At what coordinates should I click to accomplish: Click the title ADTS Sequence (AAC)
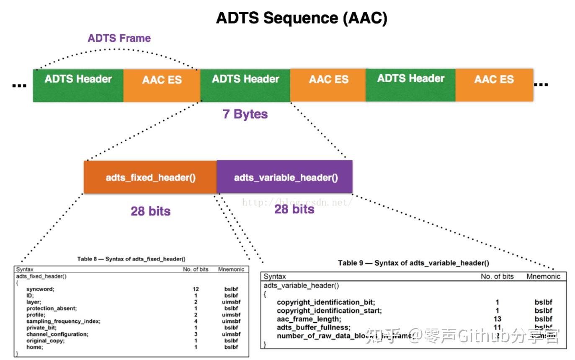coord(302,18)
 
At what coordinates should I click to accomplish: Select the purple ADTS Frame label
coord(119,38)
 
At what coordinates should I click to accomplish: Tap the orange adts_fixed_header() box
coord(150,177)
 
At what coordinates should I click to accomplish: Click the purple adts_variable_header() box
coord(285,177)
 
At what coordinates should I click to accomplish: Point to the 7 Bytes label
coord(245,114)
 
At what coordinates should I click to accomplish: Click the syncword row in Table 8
coord(40,289)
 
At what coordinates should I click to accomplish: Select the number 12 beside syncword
coord(196,289)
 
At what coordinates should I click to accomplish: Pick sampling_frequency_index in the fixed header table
coord(63,321)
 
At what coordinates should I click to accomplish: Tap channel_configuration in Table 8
coord(57,334)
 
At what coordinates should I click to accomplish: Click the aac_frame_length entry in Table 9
coord(309,319)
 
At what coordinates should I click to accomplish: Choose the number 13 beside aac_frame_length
coord(497,319)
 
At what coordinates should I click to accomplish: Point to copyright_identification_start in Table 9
coord(329,311)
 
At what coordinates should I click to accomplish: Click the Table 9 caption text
coord(413,263)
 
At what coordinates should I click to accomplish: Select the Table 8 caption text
coord(131,259)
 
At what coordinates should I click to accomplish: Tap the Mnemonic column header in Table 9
coord(543,276)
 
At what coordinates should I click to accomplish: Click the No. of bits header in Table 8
coord(196,269)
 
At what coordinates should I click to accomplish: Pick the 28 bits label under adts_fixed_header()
coord(150,211)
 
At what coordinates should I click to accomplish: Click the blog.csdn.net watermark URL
coord(297,202)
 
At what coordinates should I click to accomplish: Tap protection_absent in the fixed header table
coord(52,308)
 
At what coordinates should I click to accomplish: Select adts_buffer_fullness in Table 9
coord(314,327)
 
